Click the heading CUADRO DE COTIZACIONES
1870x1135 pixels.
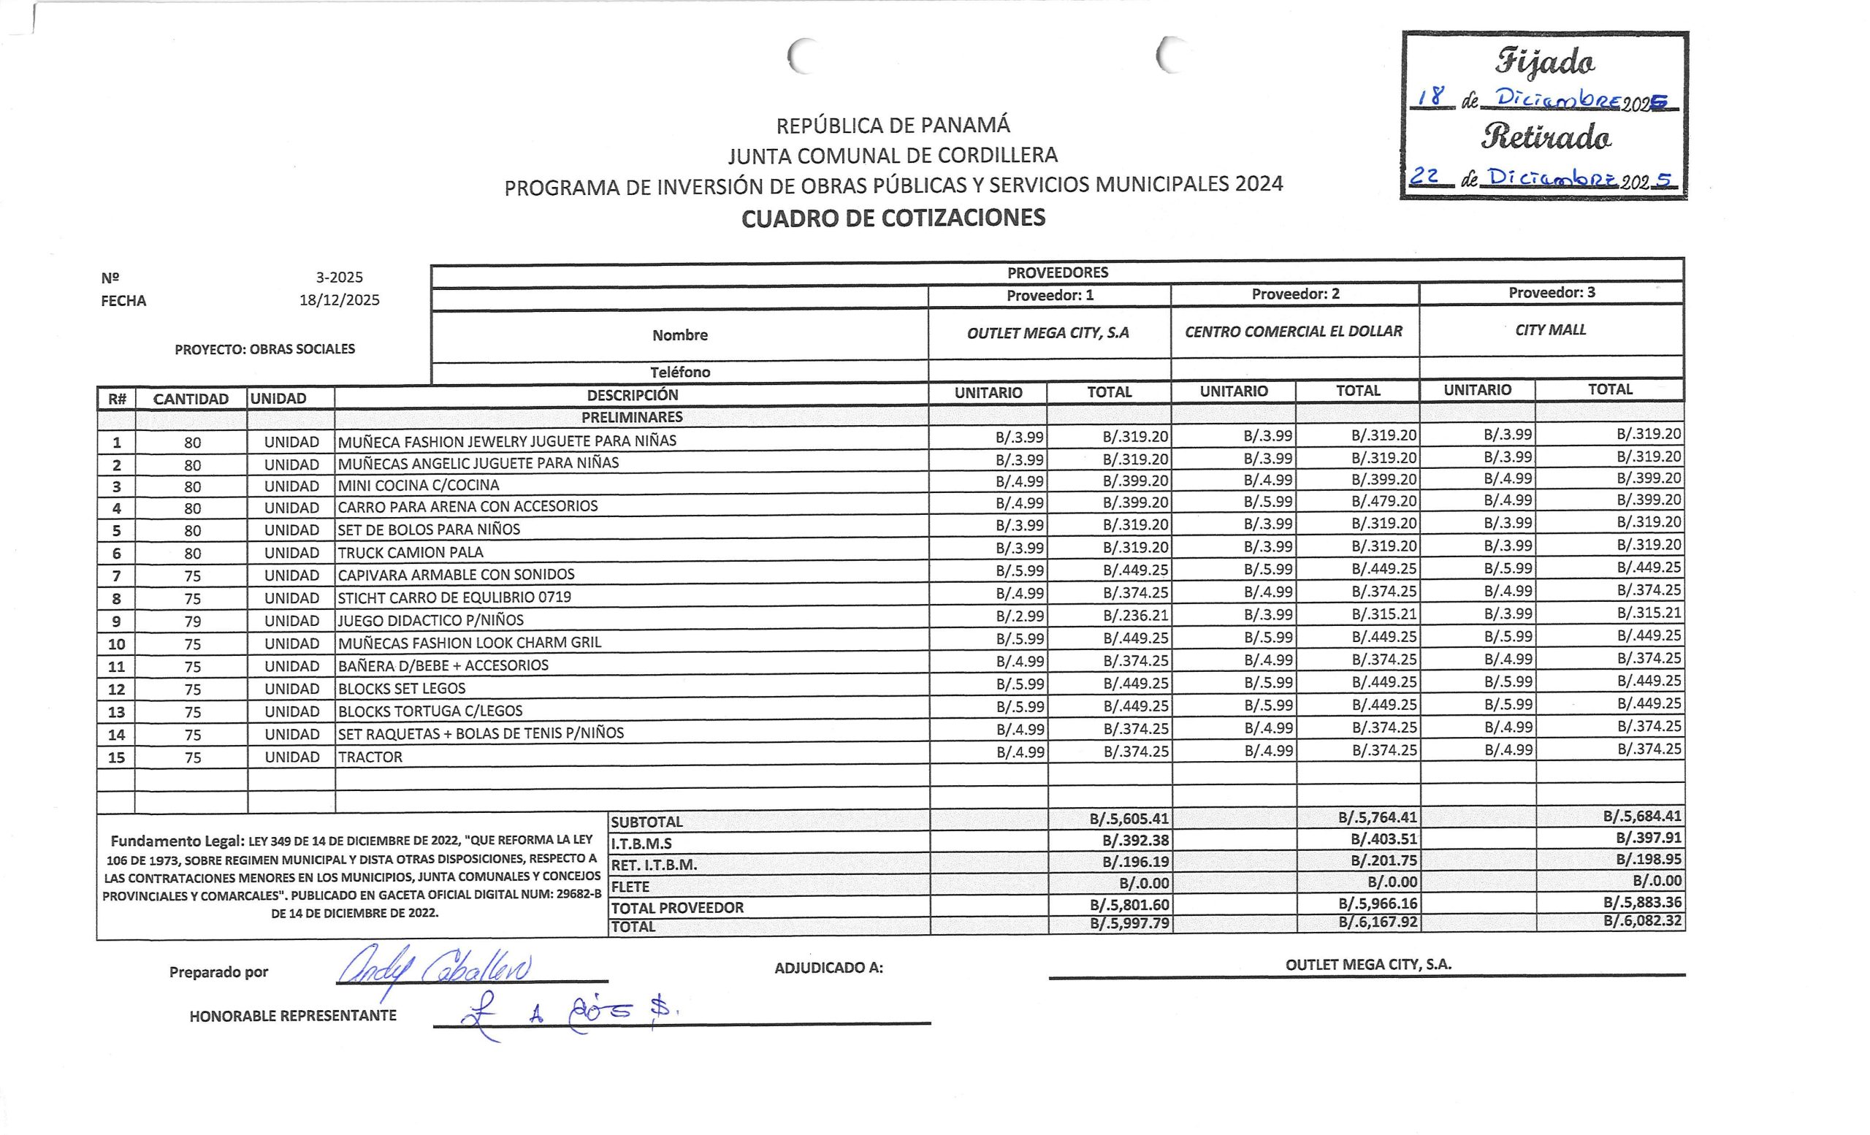tap(893, 218)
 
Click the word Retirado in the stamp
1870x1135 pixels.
tap(1545, 137)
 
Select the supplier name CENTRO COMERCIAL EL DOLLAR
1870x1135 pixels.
tap(1293, 332)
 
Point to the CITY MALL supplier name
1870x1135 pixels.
tap(1550, 330)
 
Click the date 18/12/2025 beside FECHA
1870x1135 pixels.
tap(339, 299)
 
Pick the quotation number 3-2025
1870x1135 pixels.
tap(339, 277)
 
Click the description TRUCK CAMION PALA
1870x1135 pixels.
tap(410, 552)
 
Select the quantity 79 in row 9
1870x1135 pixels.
tap(193, 622)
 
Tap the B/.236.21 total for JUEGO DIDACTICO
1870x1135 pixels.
tap(1135, 615)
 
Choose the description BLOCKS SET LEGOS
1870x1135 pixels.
tap(402, 688)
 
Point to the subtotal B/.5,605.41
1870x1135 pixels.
tap(1129, 819)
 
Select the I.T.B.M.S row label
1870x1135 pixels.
tap(641, 843)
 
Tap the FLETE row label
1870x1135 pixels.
tap(630, 886)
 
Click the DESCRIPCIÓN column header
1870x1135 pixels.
tap(632, 394)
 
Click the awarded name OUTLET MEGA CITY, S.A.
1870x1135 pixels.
tap(1367, 964)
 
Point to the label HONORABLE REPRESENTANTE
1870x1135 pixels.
tap(293, 1016)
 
